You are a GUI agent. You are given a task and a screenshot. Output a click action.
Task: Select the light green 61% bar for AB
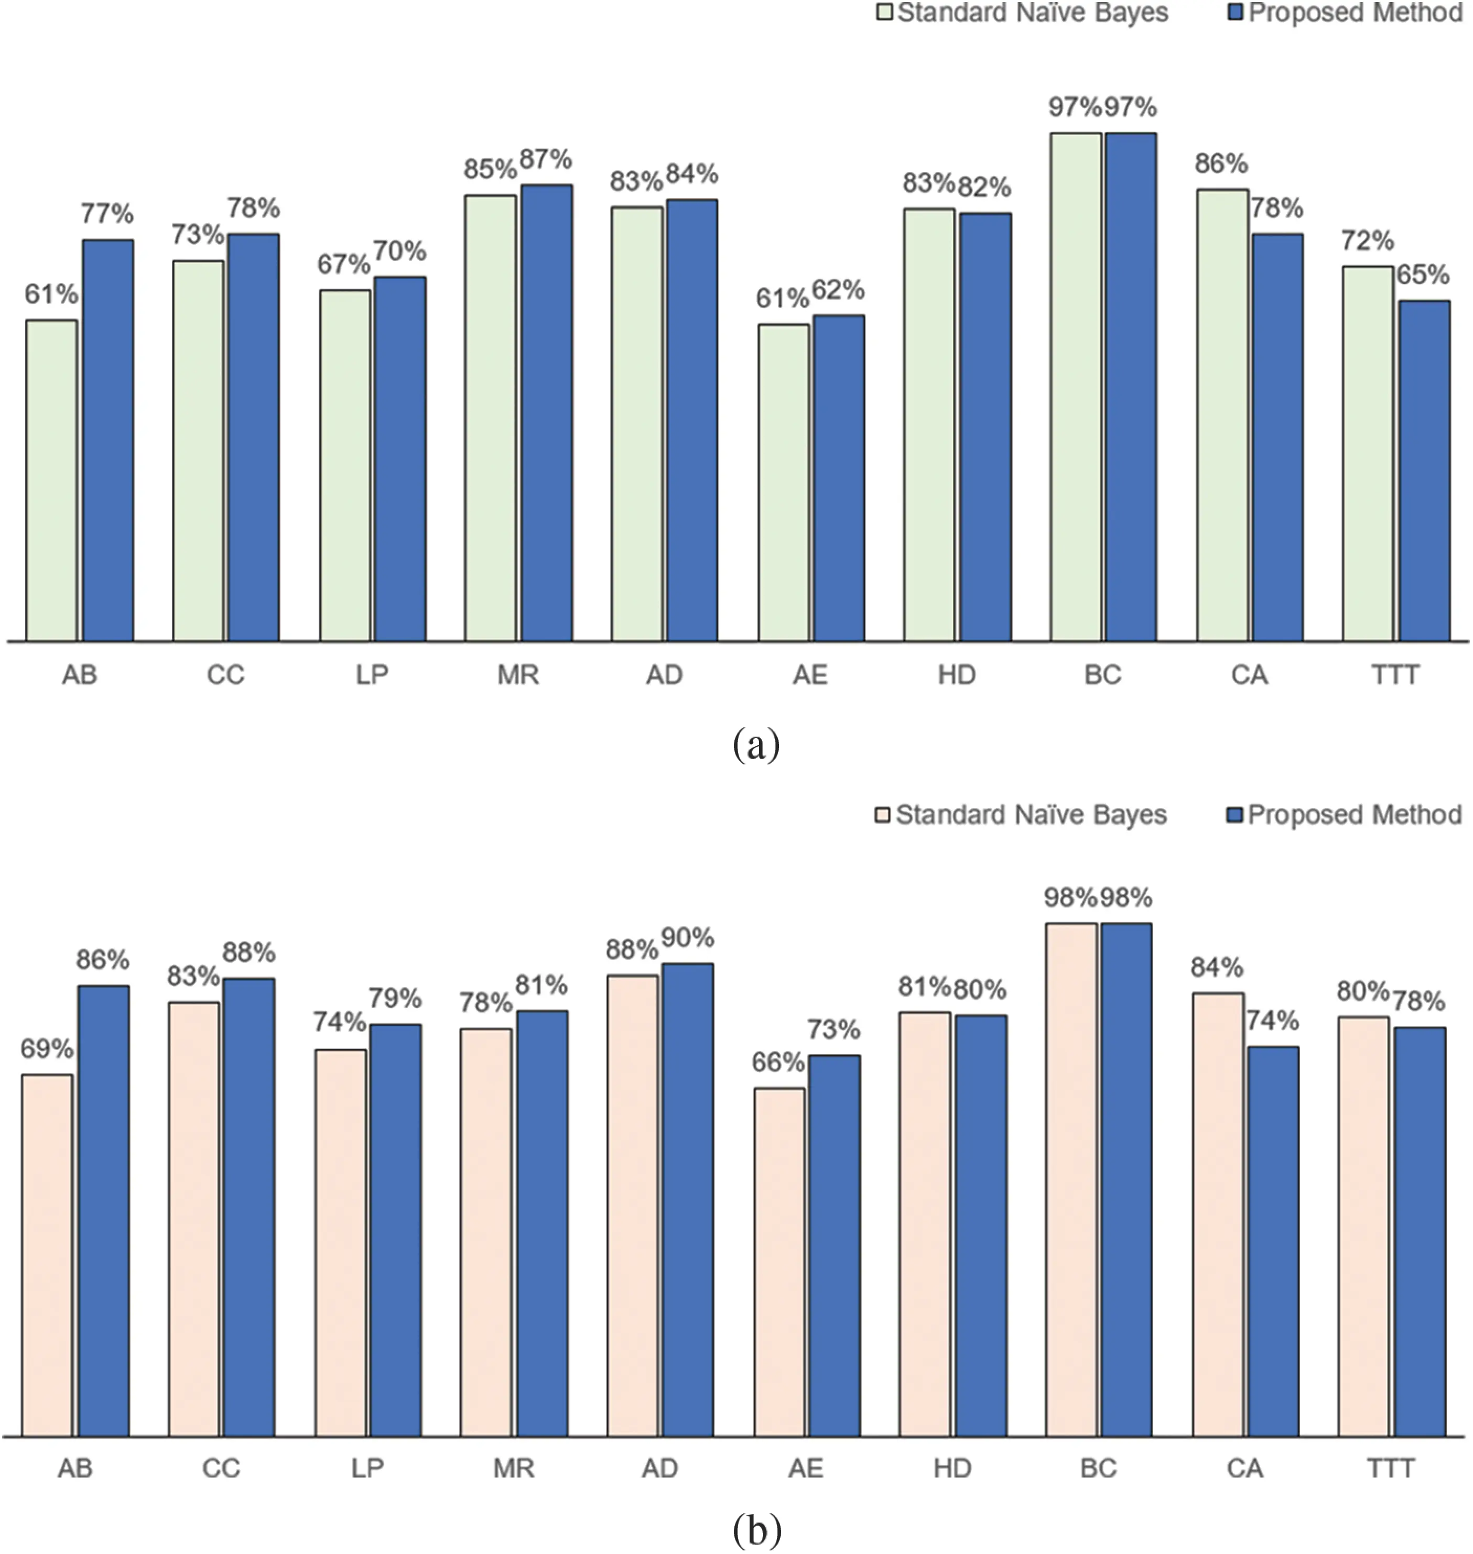tap(52, 480)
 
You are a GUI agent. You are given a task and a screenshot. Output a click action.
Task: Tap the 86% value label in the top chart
tap(1221, 164)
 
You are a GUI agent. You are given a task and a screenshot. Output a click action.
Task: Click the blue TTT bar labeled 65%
tap(1424, 471)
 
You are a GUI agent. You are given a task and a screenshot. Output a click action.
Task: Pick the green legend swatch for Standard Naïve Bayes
tap(885, 13)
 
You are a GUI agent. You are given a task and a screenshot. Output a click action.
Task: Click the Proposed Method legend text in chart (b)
tap(1355, 815)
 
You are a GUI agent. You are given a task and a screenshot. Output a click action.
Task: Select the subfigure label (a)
tap(755, 743)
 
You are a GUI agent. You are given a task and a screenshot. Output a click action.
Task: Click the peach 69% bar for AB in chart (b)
tap(47, 1256)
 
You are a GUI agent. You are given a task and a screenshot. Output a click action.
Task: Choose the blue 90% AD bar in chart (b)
tap(687, 1201)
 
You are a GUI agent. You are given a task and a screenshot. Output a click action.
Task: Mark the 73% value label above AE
tap(834, 1029)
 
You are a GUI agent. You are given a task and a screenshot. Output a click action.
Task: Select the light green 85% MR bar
tap(491, 418)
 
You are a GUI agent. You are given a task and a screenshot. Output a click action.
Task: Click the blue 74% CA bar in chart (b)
tap(1274, 1242)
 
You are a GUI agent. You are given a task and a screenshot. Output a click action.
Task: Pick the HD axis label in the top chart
tap(956, 675)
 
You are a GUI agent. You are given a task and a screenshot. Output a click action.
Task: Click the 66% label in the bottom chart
tap(777, 1063)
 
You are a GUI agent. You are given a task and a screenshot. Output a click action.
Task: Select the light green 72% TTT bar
tap(1368, 454)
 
